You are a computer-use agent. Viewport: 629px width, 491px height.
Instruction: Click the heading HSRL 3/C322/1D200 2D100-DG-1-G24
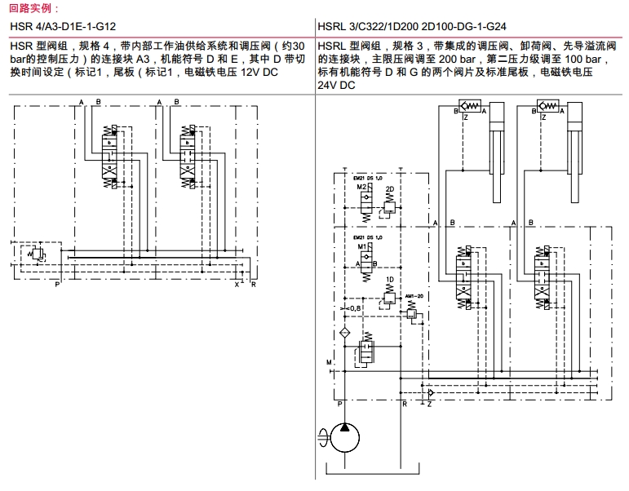(409, 26)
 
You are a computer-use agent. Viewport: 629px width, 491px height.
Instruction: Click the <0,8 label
(353, 307)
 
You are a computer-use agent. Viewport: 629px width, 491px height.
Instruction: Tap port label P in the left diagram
(57, 285)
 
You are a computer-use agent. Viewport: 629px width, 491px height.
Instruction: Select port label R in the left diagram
(254, 285)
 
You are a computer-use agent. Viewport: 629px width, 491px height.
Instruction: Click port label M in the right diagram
(328, 361)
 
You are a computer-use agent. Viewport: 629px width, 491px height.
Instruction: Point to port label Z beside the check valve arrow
(429, 404)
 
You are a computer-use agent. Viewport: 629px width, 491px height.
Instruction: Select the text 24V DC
(337, 85)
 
